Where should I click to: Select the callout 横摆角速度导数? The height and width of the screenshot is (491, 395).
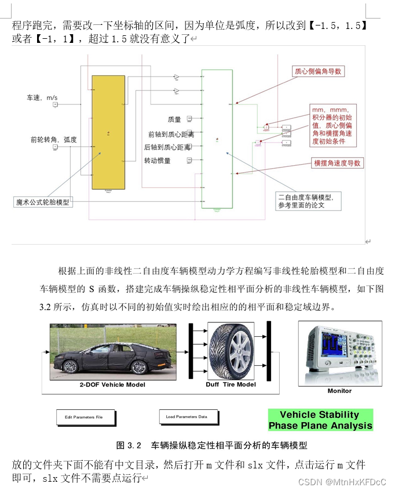point(337,163)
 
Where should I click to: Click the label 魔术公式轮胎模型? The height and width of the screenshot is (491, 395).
point(42,202)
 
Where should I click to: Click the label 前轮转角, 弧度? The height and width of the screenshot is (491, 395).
point(53,140)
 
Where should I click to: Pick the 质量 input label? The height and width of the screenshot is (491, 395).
point(174,119)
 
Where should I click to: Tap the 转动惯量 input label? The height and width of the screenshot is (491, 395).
point(158,161)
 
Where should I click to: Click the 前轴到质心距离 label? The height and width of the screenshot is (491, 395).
point(170,134)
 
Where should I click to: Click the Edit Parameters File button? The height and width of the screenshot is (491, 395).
point(85,417)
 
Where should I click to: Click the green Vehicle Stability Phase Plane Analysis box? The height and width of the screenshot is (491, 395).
point(320,420)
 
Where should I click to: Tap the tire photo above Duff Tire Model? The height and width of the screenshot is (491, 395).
point(231,351)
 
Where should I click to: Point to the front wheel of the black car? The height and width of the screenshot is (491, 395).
point(72,367)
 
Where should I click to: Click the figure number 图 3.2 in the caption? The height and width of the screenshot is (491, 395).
point(129,445)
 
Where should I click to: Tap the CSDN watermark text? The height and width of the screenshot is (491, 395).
point(341,481)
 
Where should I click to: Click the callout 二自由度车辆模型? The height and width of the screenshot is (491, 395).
point(309,201)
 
